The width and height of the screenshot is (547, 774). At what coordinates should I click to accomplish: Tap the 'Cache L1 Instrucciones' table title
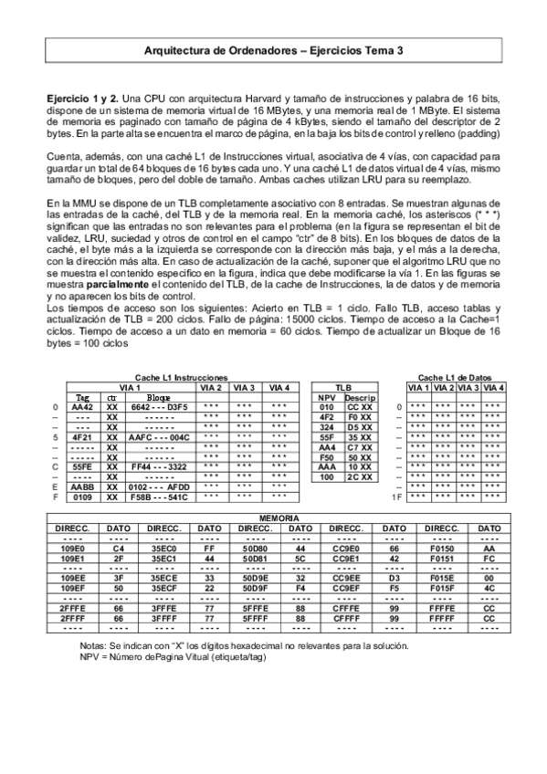(180, 377)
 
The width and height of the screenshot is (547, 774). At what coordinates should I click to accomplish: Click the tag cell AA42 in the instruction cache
(82, 407)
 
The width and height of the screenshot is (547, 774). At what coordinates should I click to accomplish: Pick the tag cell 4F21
(82, 437)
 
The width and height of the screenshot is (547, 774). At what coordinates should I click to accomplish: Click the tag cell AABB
(82, 487)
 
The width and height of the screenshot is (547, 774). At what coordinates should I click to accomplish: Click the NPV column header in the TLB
(326, 397)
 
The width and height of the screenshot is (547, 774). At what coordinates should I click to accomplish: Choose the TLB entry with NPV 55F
(326, 437)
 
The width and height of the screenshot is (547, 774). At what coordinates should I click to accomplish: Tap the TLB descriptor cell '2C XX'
(357, 477)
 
